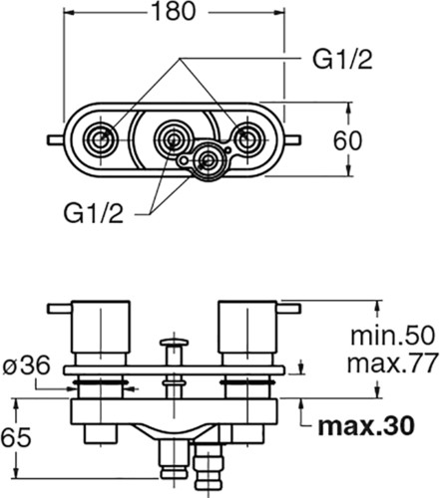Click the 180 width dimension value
pyautogui.click(x=174, y=12)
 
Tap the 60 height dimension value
pyautogui.click(x=347, y=140)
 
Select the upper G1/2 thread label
pyautogui.click(x=342, y=60)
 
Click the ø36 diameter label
pyautogui.click(x=27, y=366)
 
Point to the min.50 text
pyautogui.click(x=392, y=336)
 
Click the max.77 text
pyautogui.click(x=392, y=364)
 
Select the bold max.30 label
pyautogui.click(x=366, y=426)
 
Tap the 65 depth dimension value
pyautogui.click(x=16, y=437)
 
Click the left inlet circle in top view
pyautogui.click(x=99, y=140)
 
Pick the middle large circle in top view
pyautogui.click(x=173, y=139)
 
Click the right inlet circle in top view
pyautogui.click(x=246, y=140)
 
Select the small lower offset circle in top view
pyautogui.click(x=208, y=160)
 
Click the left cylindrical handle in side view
pyautogui.click(x=101, y=328)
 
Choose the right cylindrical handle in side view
pyautogui.click(x=247, y=328)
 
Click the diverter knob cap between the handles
pyautogui.click(x=174, y=342)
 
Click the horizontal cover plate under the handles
pyautogui.click(x=175, y=371)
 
